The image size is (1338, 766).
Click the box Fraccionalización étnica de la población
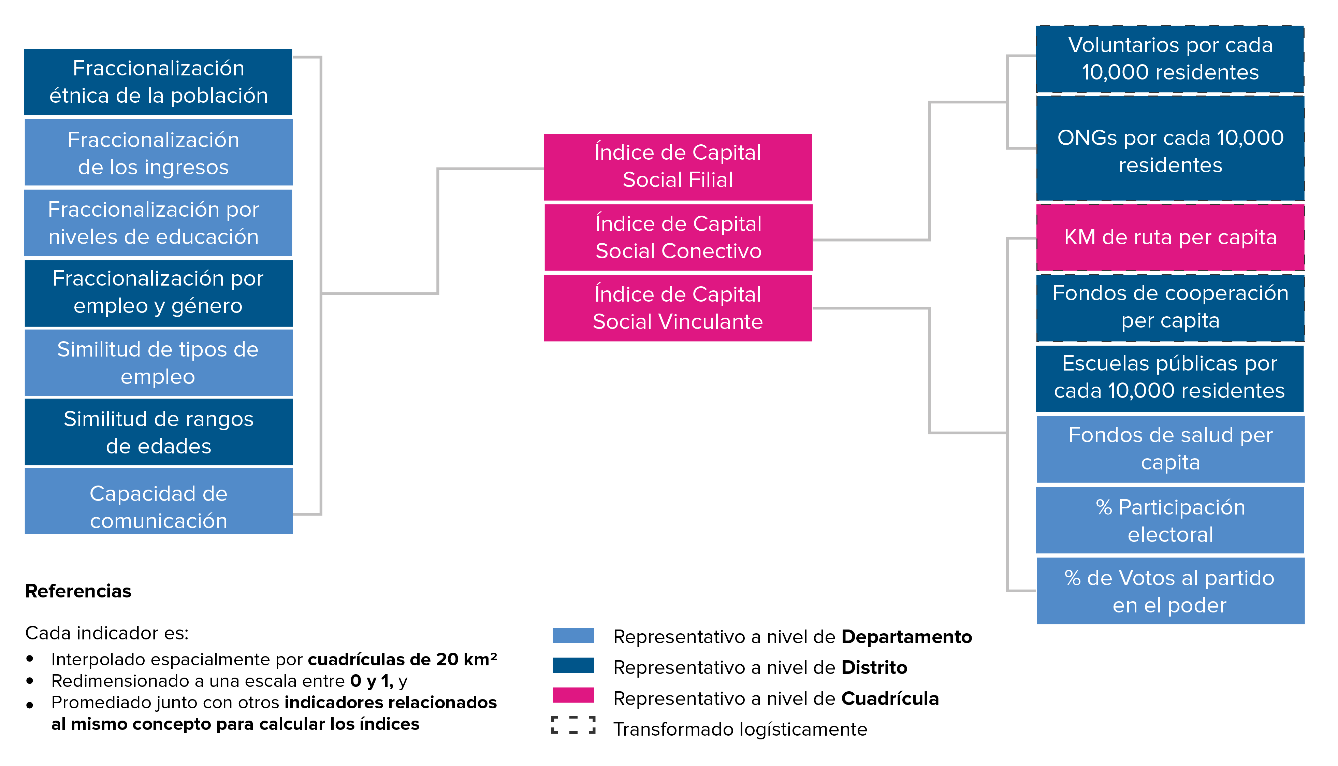(158, 82)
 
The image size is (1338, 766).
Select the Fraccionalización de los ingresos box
(158, 153)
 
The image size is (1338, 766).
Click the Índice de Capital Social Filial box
(678, 167)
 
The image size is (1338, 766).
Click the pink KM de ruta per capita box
(1170, 237)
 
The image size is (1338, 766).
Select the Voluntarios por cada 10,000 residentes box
(1170, 59)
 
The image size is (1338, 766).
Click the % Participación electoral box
(1170, 520)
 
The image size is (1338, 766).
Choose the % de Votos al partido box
(1170, 591)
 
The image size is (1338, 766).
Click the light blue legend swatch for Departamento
(573, 636)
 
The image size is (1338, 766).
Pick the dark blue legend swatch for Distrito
(573, 665)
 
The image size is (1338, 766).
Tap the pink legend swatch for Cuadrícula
(573, 695)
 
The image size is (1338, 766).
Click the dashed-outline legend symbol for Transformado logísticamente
(573, 725)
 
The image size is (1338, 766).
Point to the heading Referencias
(78, 591)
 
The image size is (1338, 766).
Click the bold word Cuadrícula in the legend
(890, 699)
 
